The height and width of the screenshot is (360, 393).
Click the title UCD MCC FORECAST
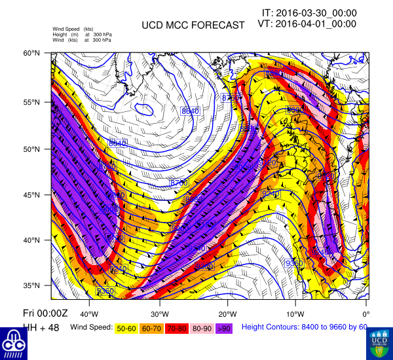193,26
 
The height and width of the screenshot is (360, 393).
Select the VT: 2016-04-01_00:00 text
309,24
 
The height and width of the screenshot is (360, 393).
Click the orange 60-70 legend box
152,327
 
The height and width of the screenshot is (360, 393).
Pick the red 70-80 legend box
177,327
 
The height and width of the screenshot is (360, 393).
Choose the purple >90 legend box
223,327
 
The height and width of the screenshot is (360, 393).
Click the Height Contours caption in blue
305,327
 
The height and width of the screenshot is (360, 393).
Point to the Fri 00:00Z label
26,315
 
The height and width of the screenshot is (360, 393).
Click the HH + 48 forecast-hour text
22,327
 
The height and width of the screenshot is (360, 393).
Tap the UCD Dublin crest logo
379,344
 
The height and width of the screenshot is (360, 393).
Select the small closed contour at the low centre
142,110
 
